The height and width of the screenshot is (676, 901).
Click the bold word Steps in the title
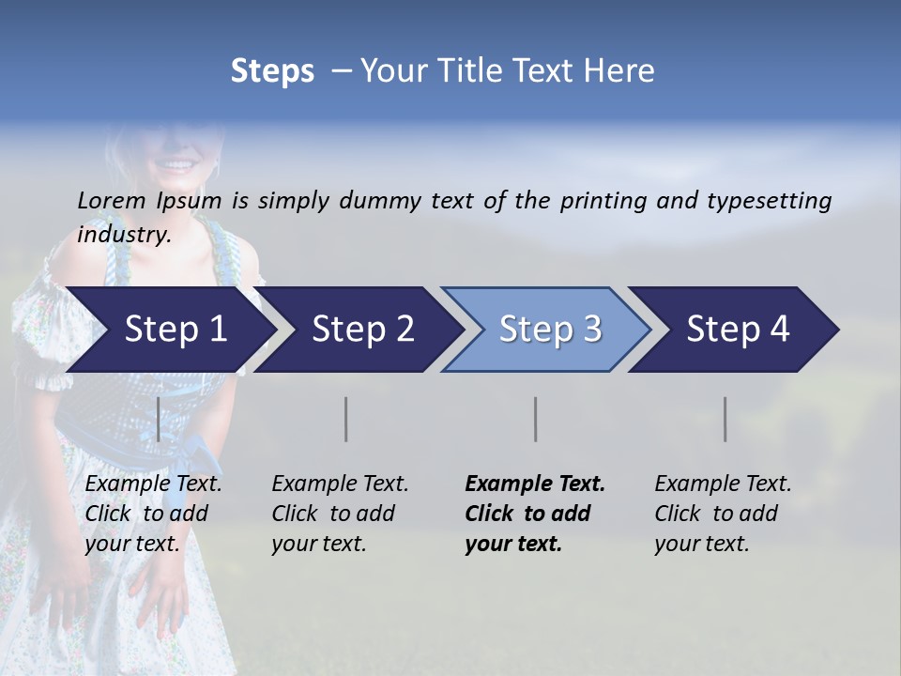point(272,71)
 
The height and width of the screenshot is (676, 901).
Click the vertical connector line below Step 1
point(158,419)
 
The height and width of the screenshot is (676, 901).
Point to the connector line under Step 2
point(346,419)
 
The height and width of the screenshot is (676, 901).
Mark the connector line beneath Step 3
point(535,419)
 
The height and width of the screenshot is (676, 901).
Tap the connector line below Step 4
point(725,419)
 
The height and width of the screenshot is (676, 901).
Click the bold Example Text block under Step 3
point(535,514)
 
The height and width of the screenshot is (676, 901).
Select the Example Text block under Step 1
point(153,514)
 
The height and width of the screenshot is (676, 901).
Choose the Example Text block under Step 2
point(340,514)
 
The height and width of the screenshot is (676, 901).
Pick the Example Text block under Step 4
point(723,514)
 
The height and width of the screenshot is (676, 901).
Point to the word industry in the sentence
point(123,235)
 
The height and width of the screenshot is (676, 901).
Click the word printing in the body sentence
point(604,201)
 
